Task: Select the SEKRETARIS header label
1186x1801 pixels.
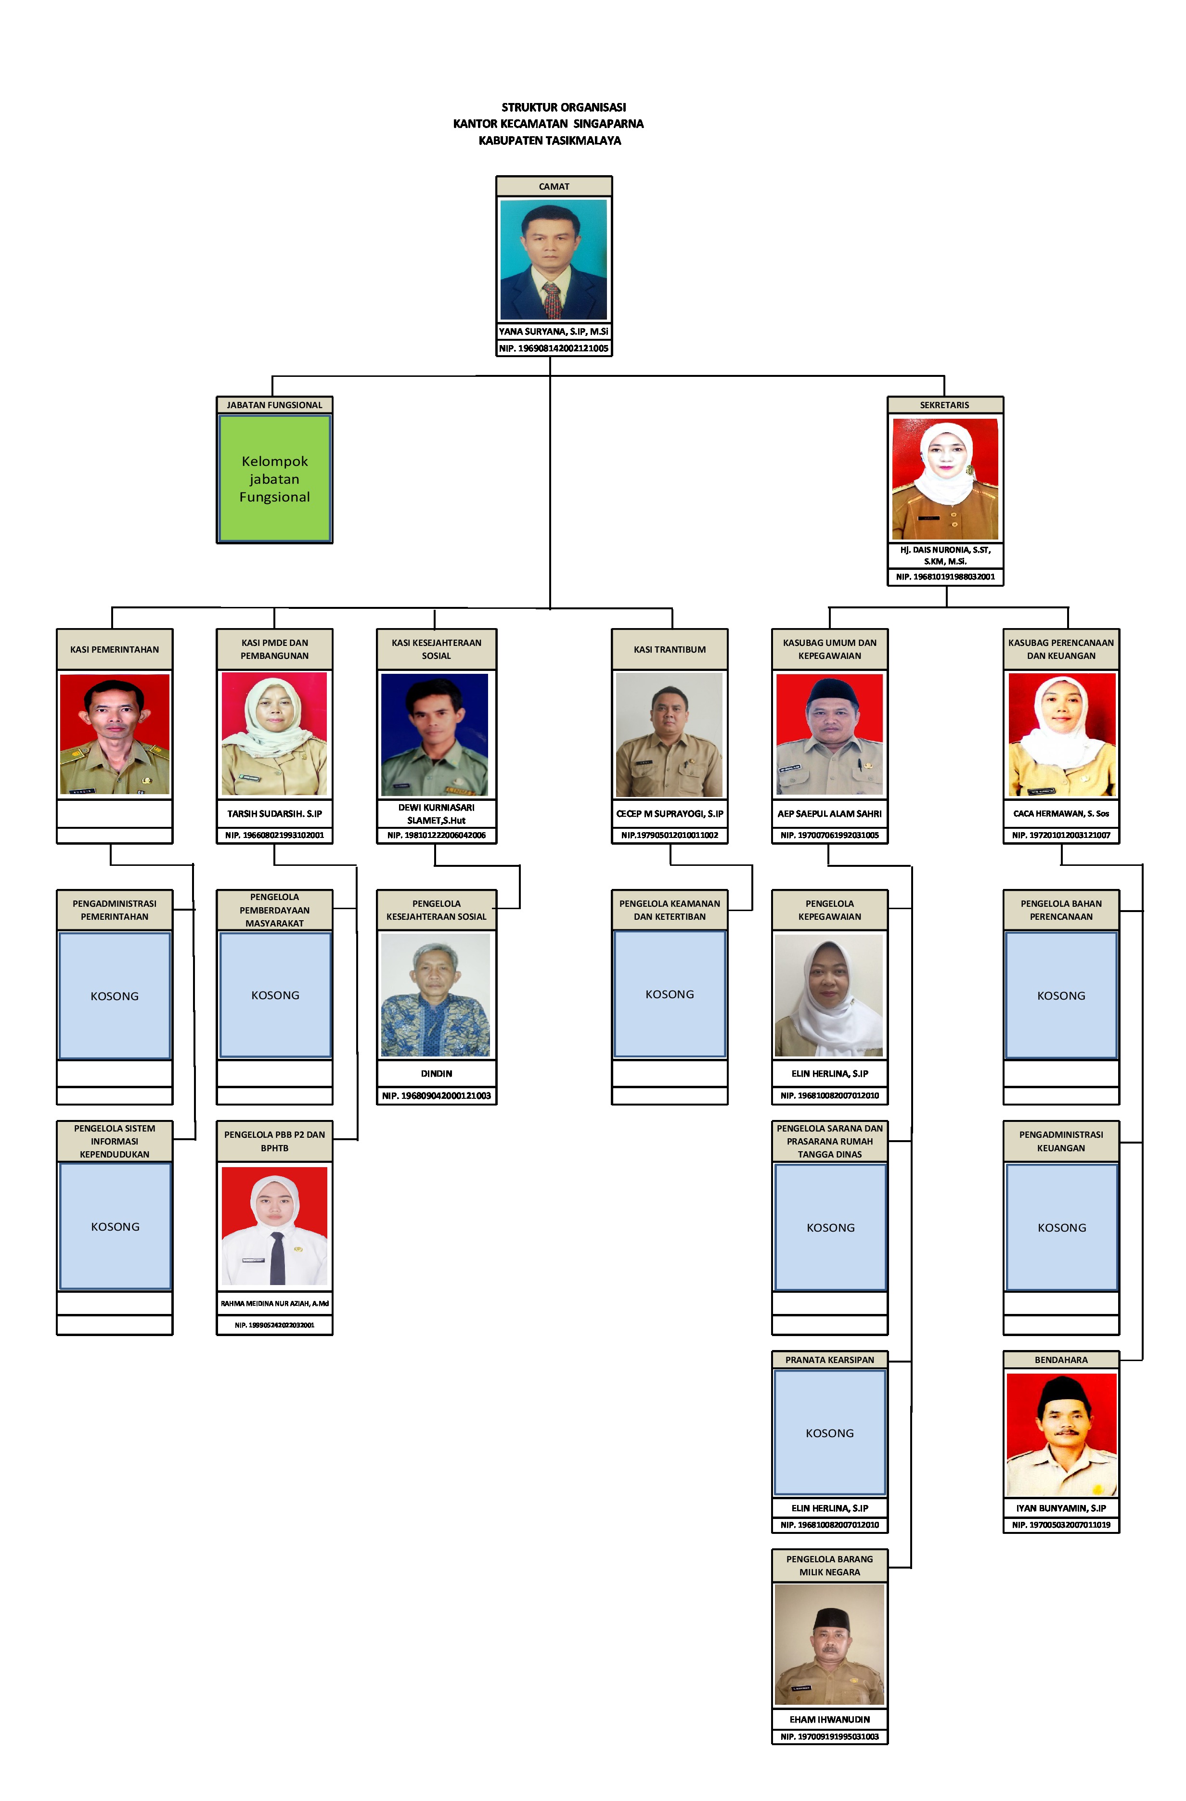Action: point(944,405)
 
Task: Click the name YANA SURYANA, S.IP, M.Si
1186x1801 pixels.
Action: point(553,332)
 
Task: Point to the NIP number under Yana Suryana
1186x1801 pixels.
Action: point(553,348)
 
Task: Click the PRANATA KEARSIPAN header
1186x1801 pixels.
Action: point(829,1360)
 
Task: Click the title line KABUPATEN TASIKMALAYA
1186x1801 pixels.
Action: point(550,141)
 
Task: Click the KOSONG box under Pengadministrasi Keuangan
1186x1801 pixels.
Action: point(1061,1227)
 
